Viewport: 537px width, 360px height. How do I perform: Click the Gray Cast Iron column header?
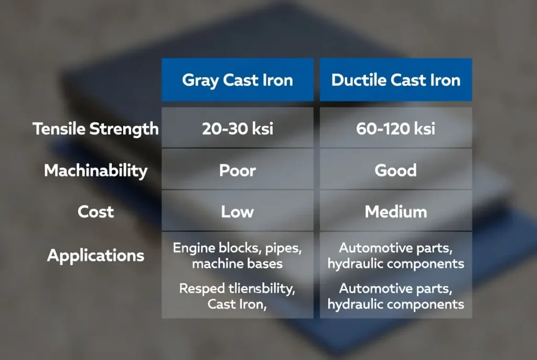point(237,80)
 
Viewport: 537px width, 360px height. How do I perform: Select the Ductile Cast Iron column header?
point(395,80)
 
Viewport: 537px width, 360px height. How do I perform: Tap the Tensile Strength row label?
point(95,129)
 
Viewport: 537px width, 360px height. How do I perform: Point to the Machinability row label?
point(95,170)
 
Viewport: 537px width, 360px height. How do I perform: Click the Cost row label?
point(95,212)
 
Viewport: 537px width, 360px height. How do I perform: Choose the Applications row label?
point(95,256)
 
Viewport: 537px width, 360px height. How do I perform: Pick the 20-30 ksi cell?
point(237,129)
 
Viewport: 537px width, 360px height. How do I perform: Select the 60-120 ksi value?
point(395,129)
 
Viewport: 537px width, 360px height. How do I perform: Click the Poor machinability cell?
point(237,170)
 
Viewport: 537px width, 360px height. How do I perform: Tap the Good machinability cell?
point(395,170)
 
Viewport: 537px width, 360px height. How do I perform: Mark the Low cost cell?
point(237,212)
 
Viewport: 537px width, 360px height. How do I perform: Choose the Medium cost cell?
point(395,212)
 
